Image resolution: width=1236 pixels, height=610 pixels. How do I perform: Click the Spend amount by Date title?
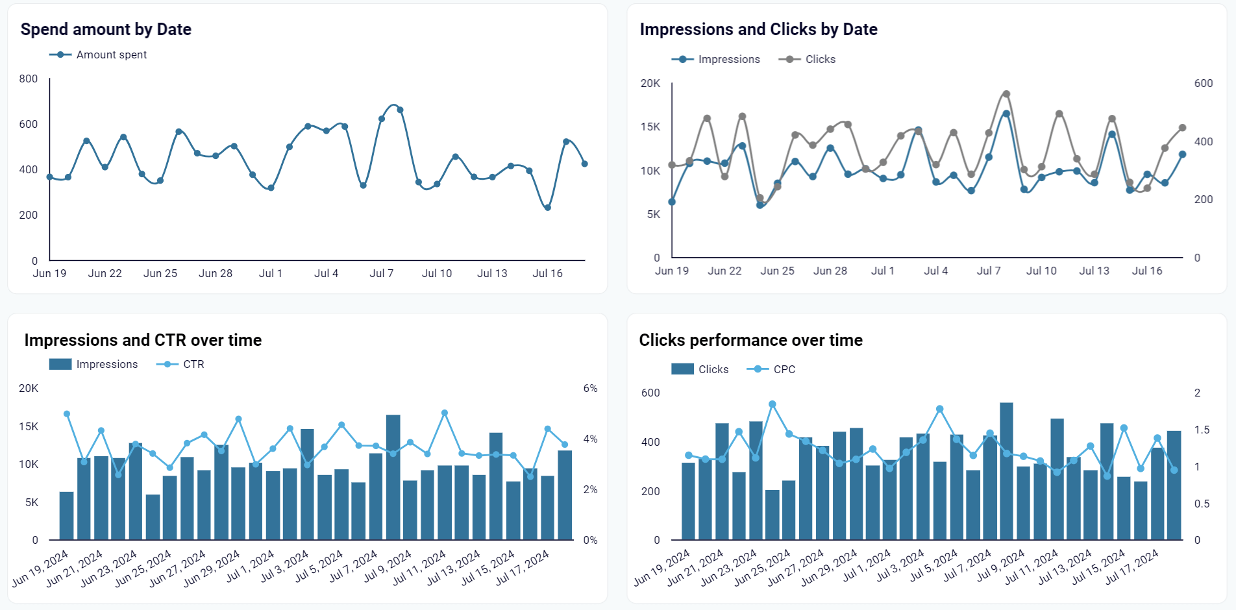pyautogui.click(x=106, y=29)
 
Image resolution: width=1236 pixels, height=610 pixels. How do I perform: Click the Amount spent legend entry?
pyautogui.click(x=99, y=55)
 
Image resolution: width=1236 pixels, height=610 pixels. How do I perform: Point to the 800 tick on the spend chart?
pyautogui.click(x=29, y=79)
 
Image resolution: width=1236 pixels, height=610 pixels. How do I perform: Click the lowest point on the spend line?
pyautogui.click(x=548, y=208)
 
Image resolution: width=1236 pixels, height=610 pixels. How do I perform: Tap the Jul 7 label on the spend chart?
pyautogui.click(x=382, y=273)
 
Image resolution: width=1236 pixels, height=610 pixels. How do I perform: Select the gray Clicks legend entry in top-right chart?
pyautogui.click(x=808, y=59)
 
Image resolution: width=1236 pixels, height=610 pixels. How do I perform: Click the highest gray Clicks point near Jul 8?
pyautogui.click(x=1006, y=94)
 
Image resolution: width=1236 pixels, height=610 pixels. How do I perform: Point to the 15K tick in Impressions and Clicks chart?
pyautogui.click(x=650, y=127)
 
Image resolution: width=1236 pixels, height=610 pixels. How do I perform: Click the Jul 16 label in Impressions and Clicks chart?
pyautogui.click(x=1147, y=271)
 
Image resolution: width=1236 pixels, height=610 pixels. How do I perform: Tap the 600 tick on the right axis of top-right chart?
pyautogui.click(x=1203, y=83)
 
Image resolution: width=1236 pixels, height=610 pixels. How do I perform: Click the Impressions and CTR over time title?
pyautogui.click(x=143, y=340)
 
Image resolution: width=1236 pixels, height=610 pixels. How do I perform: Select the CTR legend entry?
pyautogui.click(x=181, y=364)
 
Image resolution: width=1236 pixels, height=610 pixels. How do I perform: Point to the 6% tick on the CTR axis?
pyautogui.click(x=590, y=388)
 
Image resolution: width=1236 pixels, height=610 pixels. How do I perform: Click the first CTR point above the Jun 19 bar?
pyautogui.click(x=67, y=414)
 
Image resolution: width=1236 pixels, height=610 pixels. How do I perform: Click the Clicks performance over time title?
pyautogui.click(x=750, y=340)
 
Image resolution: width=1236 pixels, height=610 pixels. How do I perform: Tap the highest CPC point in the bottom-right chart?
pyautogui.click(x=772, y=404)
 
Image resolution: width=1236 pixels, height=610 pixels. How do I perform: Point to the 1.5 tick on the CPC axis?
pyautogui.click(x=1202, y=430)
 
